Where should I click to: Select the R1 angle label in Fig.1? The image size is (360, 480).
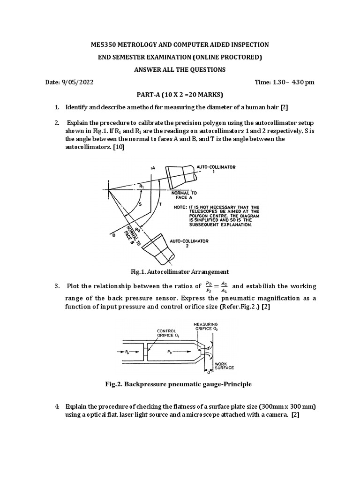pyautogui.click(x=142, y=186)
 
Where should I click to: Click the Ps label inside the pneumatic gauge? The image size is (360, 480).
pyautogui.click(x=127, y=351)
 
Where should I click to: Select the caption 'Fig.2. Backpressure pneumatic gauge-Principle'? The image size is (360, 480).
pyautogui.click(x=179, y=384)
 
